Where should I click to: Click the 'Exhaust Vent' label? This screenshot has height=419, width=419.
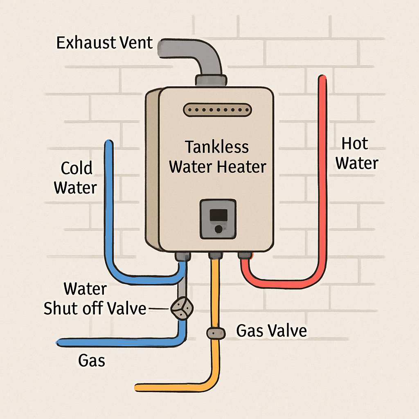pos(104,43)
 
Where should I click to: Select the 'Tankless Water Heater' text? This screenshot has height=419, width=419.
pos(217,157)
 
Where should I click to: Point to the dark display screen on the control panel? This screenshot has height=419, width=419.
pos(218,214)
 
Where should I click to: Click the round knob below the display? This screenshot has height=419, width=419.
pos(219,229)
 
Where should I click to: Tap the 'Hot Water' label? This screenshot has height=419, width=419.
pos(356,154)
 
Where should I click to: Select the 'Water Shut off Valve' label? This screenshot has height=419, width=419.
pos(95,299)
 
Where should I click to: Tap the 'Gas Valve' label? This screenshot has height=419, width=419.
pos(272,331)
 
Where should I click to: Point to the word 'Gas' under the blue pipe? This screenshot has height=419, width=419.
pos(91,361)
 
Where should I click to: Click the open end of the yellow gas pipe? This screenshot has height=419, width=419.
pos(137,387)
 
